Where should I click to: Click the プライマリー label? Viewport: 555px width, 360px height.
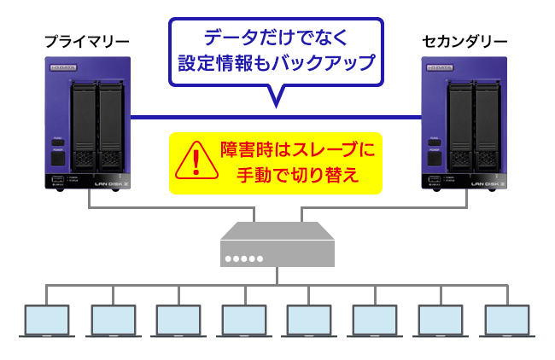[87, 40]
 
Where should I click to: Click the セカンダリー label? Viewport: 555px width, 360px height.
[465, 40]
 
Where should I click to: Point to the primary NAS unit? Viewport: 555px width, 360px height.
[88, 123]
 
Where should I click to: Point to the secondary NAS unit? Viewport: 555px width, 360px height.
[465, 123]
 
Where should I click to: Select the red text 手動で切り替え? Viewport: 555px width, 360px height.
[297, 175]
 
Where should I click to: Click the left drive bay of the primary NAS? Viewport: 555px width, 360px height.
[84, 124]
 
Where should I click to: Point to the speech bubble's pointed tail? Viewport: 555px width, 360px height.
[275, 101]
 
